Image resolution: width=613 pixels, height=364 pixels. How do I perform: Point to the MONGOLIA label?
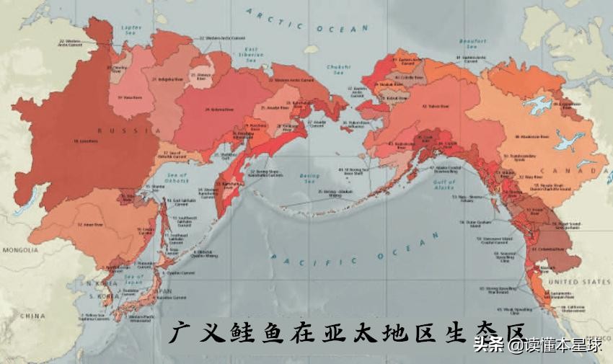20,250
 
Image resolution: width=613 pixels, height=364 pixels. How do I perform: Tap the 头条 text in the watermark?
488,344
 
